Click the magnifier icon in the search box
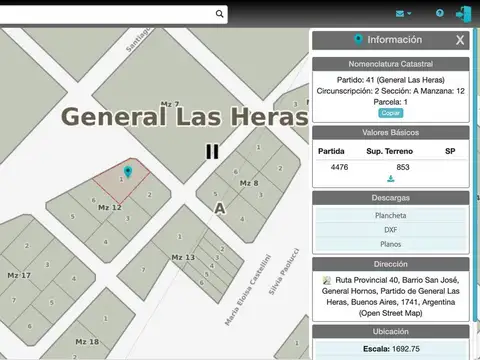[218, 14]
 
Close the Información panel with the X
[459, 40]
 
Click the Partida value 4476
[339, 167]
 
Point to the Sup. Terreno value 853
[403, 167]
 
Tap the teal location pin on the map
[128, 172]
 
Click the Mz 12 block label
[109, 207]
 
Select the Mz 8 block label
[248, 183]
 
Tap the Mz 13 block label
[183, 258]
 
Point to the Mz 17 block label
[19, 275]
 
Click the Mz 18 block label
[87, 342]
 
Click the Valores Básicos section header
[391, 132]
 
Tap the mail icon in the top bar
[402, 13]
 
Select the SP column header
[450, 151]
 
